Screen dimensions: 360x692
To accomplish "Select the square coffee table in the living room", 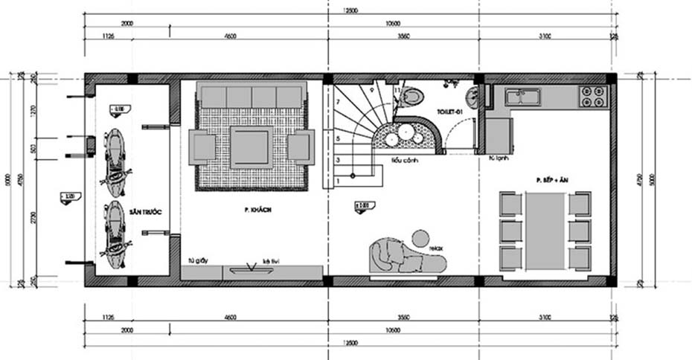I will coord(252,146).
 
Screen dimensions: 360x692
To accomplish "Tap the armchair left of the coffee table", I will coord(202,147).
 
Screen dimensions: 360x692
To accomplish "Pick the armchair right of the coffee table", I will coord(301,147).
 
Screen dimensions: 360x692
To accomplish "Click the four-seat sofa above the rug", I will coord(252,97).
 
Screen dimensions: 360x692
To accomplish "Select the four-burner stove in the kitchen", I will coord(593,95).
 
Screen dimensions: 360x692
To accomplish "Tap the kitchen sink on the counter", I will coord(524,96).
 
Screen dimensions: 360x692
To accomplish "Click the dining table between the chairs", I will coord(545,230).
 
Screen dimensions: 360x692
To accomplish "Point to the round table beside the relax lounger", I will coord(420,239).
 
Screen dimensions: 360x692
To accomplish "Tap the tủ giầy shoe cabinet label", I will coord(197,262).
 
